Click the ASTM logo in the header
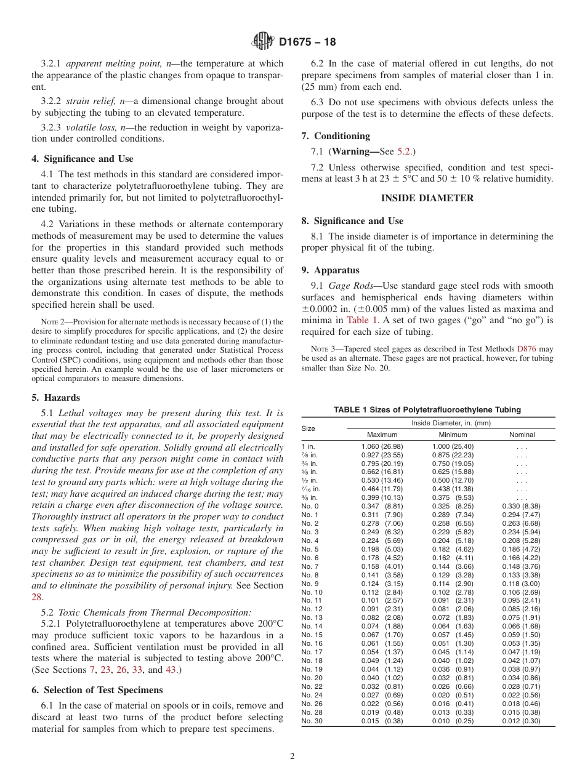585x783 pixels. (x=263, y=42)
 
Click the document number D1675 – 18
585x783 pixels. (x=308, y=42)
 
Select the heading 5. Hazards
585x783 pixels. (x=55, y=398)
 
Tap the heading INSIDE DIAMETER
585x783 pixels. (x=427, y=198)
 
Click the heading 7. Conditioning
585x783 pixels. (x=336, y=136)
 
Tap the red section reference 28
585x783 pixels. (x=38, y=596)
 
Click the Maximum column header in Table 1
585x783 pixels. (x=382, y=435)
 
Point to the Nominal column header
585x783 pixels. (x=522, y=435)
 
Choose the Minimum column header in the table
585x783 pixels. (x=453, y=435)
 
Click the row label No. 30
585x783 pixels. (x=311, y=721)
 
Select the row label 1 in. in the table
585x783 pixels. (x=309, y=446)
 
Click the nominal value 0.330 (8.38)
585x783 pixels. (x=522, y=506)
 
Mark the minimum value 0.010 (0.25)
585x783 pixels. (x=453, y=721)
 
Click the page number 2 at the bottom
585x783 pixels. (x=292, y=757)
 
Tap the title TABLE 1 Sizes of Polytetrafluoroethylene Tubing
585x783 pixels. (x=427, y=409)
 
